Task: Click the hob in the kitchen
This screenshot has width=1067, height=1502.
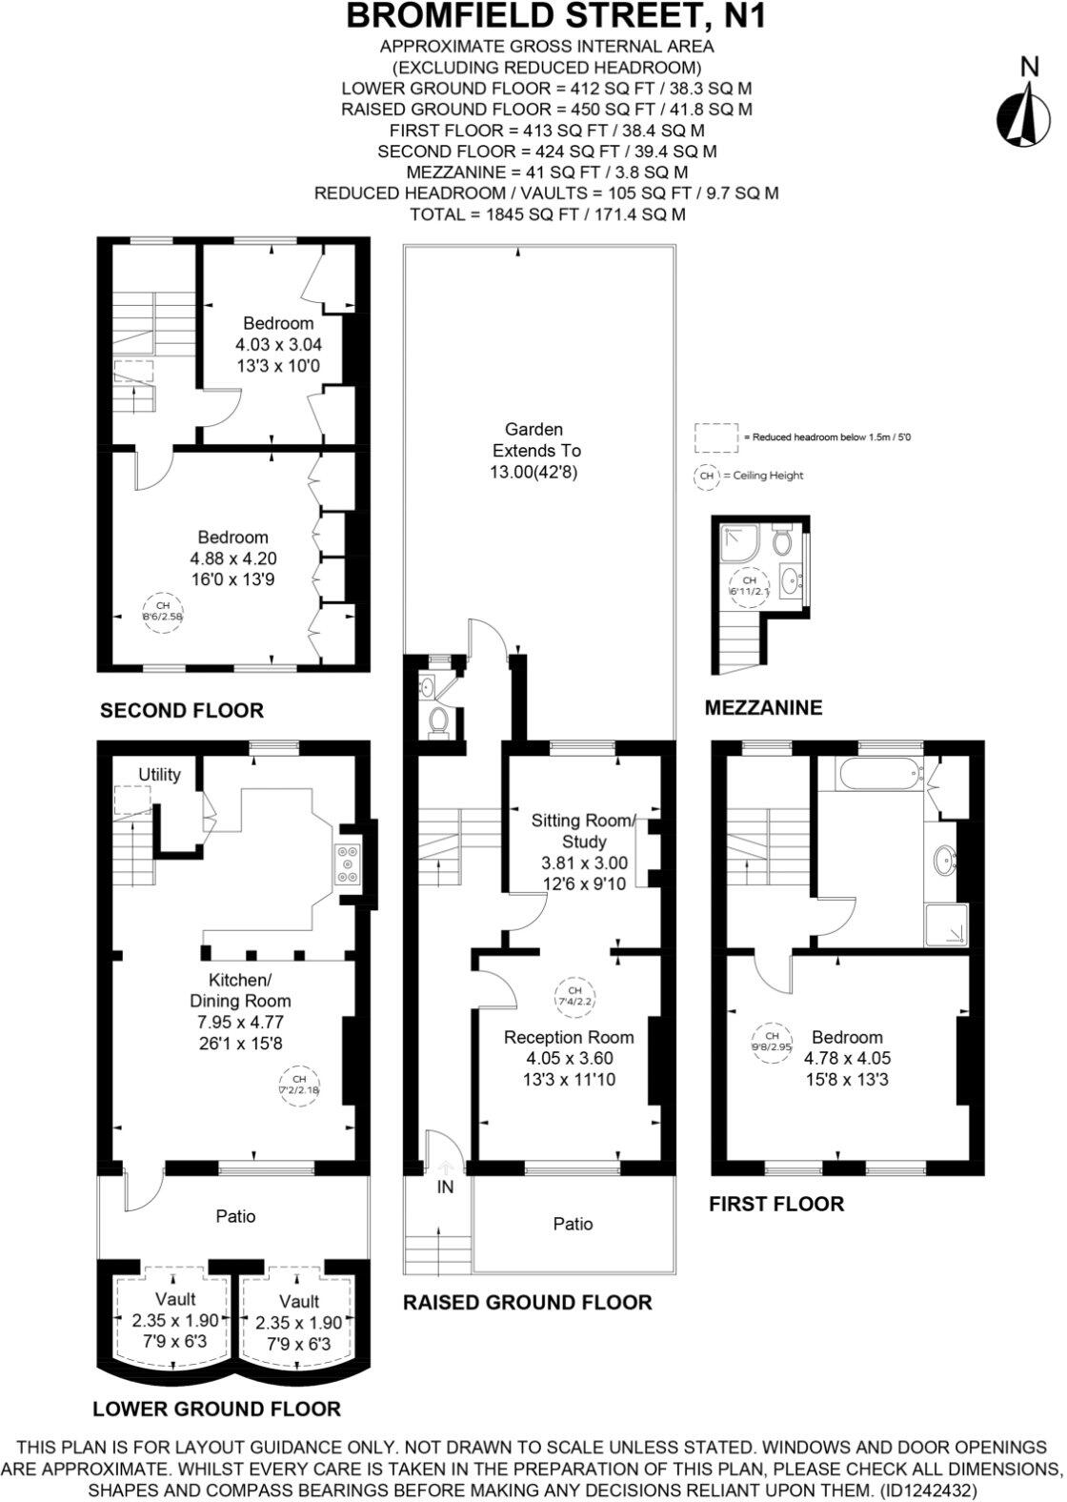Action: (347, 863)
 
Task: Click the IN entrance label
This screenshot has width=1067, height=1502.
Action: (445, 1187)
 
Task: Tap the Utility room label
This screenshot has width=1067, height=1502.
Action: (159, 774)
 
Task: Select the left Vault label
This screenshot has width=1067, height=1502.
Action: (175, 1299)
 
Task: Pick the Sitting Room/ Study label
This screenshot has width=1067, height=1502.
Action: (582, 830)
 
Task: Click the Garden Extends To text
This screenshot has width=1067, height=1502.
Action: (534, 450)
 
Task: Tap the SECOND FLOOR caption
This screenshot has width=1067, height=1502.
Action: (181, 710)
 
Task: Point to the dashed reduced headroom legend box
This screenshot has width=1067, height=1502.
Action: (716, 436)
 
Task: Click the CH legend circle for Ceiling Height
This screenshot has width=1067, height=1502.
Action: (707, 476)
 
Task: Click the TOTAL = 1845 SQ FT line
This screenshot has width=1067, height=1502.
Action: (547, 213)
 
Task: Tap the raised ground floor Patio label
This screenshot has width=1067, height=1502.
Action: (573, 1224)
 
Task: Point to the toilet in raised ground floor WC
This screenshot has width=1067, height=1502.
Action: (438, 721)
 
